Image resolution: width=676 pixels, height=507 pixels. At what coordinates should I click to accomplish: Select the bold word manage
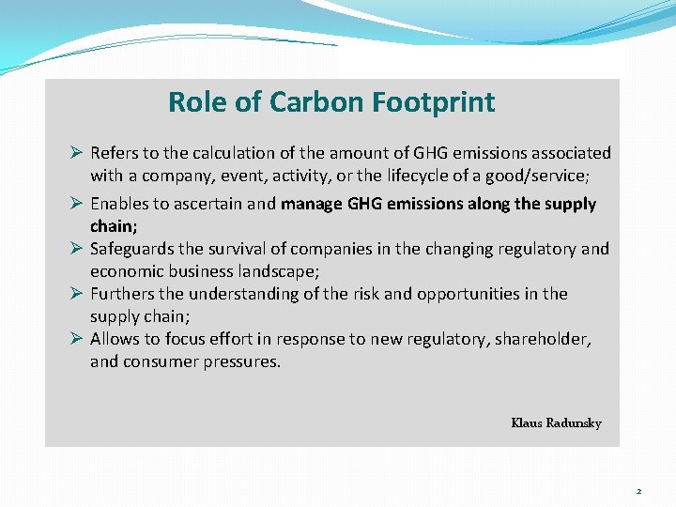click(x=314, y=204)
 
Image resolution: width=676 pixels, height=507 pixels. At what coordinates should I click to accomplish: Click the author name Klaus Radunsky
click(x=556, y=423)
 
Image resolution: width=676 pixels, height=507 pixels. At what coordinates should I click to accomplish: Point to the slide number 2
click(x=638, y=491)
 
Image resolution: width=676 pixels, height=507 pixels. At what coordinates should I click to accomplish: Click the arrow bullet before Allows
click(x=79, y=339)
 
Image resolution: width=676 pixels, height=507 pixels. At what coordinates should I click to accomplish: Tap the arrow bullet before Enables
click(x=79, y=204)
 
